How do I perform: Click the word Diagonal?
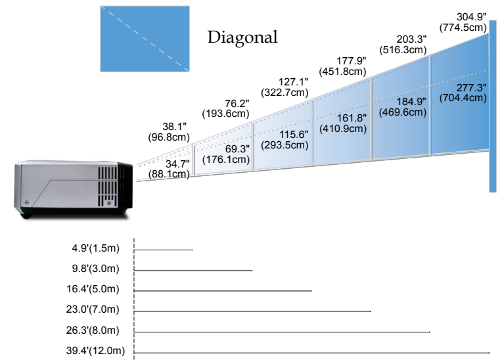[242, 37]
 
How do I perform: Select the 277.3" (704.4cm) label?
[465, 93]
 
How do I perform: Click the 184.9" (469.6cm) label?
[403, 106]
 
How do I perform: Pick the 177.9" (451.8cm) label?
[342, 66]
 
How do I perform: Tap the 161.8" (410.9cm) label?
[342, 123]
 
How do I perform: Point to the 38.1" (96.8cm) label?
[169, 132]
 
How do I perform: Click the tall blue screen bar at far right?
[492, 112]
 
